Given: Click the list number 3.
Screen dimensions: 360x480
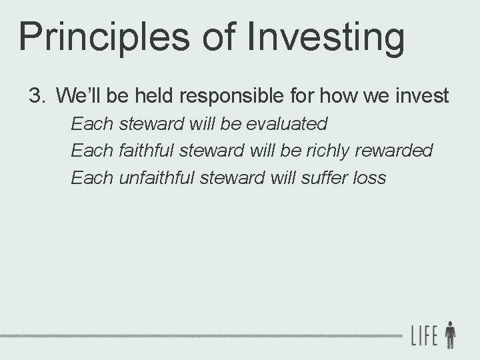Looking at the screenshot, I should pyautogui.click(x=36, y=96).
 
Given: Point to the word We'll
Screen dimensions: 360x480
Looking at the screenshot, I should pyautogui.click(x=79, y=96).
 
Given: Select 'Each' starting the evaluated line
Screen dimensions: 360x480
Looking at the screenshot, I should pyautogui.click(x=93, y=124).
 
